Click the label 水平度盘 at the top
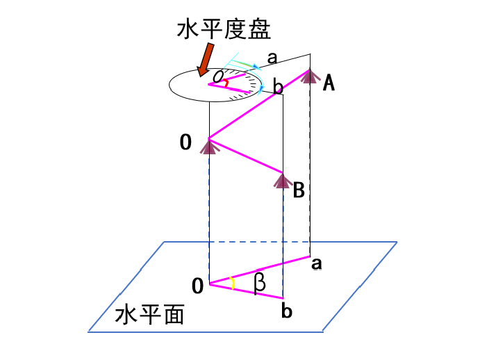tap(224, 29)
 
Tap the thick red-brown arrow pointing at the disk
tap(206, 60)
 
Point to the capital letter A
tap(329, 83)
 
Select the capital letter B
tap(299, 190)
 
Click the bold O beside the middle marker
tap(185, 142)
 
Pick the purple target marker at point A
tap(310, 76)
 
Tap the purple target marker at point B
tap(283, 181)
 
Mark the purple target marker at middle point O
tap(209, 146)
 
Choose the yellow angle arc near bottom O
tap(233, 284)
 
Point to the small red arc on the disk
tap(226, 83)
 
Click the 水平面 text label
tap(149, 314)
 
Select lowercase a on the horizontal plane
tap(317, 264)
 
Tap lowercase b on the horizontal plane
tap(286, 311)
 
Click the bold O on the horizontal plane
tap(197, 286)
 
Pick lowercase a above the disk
tap(272, 58)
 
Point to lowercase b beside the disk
tap(278, 87)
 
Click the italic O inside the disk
tap(218, 76)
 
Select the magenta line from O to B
tap(246, 156)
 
